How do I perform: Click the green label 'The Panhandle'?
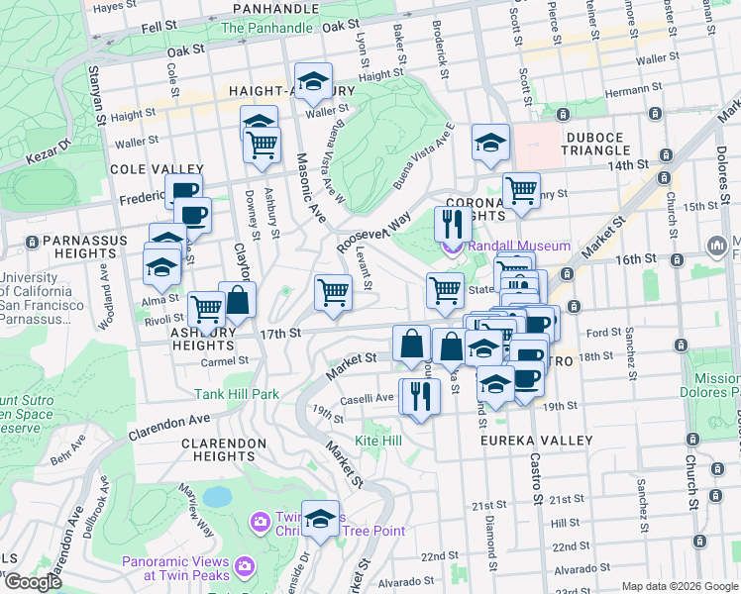(265, 28)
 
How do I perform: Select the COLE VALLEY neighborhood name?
(157, 170)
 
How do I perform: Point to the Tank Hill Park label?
(237, 394)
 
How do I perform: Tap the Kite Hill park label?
(378, 440)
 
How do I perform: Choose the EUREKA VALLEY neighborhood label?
(536, 441)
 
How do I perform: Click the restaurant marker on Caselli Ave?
(418, 395)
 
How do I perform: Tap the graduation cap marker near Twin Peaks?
(320, 518)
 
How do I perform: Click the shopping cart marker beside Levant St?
(333, 292)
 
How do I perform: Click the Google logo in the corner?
(33, 582)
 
